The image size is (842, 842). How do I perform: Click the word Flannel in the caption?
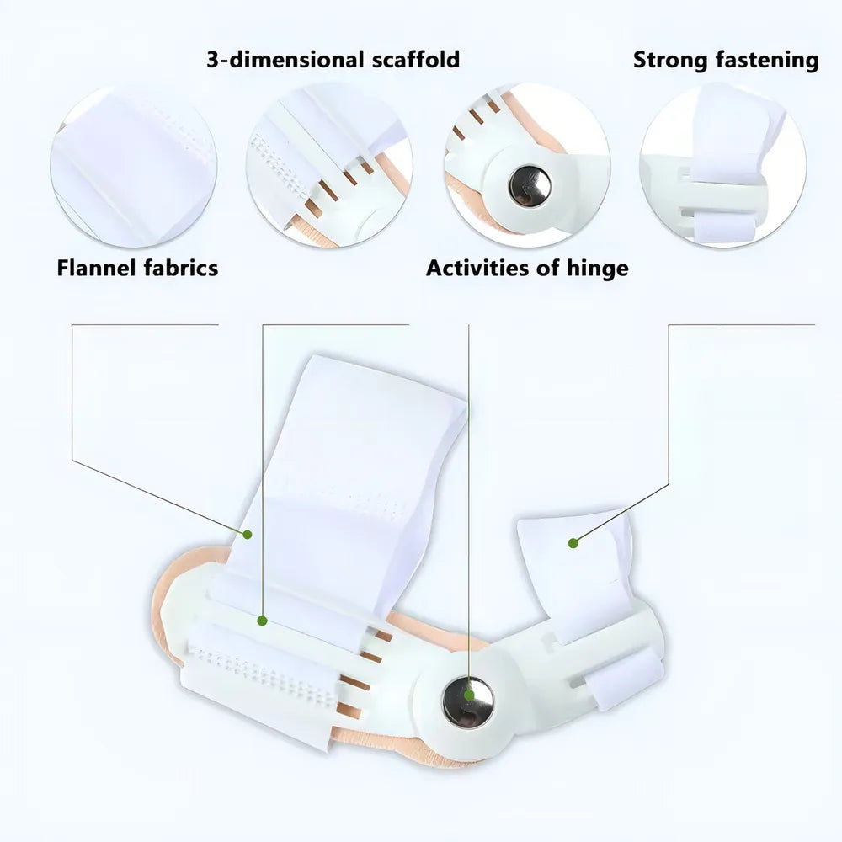coord(96,268)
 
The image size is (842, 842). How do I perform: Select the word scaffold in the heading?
coord(416,59)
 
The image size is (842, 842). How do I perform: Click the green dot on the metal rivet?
coord(469,695)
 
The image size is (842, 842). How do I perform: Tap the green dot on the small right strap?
coord(573,543)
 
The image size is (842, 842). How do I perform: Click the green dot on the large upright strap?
coord(247,535)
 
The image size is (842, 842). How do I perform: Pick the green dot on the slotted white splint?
coord(262,621)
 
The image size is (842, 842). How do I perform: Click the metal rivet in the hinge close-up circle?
coord(530,186)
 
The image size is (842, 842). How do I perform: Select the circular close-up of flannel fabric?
coord(134,165)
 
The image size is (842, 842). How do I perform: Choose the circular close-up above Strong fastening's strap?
coord(722,165)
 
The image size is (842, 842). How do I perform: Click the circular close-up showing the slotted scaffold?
coord(330,165)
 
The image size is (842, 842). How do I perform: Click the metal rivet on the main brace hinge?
coord(467,701)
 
